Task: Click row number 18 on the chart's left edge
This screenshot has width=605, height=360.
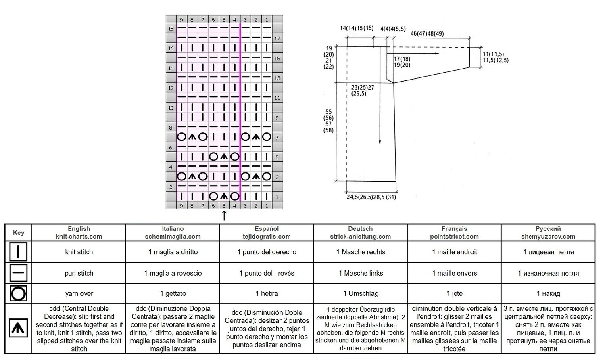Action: [171, 29]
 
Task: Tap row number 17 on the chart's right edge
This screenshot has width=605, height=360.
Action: [277, 38]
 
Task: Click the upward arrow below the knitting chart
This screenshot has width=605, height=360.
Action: [224, 216]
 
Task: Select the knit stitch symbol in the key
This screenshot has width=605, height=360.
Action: [19, 251]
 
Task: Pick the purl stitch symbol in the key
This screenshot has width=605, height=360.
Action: [19, 273]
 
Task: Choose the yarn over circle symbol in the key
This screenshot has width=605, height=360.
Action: [19, 293]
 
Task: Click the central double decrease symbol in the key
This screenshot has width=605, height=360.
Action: [19, 328]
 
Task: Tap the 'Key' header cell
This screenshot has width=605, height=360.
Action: [19, 233]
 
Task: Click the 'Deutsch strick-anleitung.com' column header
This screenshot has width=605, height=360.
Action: [360, 232]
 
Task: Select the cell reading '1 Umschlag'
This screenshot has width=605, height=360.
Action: [361, 293]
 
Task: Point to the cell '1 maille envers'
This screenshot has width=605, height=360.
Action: [454, 273]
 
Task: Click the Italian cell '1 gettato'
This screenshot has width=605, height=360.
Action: [173, 293]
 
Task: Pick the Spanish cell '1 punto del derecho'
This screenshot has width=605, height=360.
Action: [267, 252]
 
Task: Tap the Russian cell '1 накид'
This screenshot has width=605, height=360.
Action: [548, 293]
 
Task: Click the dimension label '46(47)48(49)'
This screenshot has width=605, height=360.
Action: [427, 33]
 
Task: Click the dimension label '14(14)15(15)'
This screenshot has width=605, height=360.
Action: [357, 28]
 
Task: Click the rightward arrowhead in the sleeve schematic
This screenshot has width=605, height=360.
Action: [437, 54]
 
